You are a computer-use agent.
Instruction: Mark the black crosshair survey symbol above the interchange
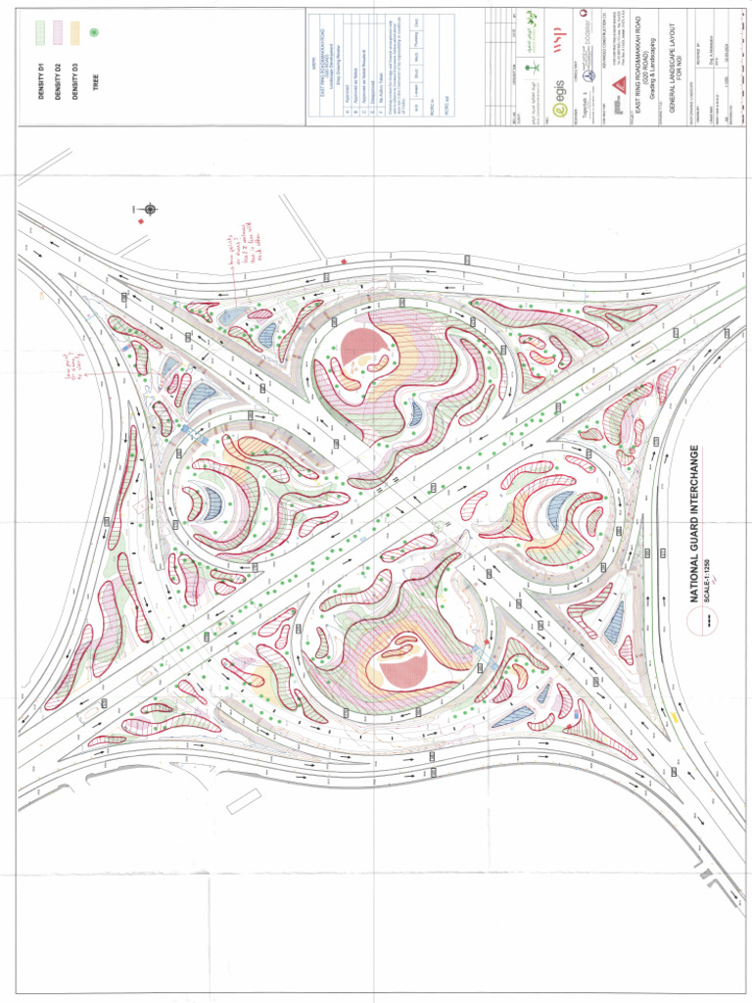150,209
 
